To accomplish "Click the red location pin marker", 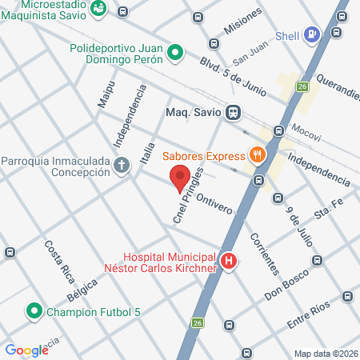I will [x=180, y=178].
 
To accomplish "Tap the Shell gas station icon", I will [x=313, y=34].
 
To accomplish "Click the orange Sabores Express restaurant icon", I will [x=257, y=155].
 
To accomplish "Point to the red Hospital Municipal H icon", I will [x=229, y=262].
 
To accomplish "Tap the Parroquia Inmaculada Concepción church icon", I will [x=122, y=166].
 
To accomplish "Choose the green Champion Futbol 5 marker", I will [x=34, y=310].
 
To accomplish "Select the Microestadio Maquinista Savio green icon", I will [x=98, y=9].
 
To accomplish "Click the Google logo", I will [x=26, y=350].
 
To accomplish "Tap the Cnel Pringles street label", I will [x=186, y=195].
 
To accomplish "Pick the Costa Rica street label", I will [x=58, y=258].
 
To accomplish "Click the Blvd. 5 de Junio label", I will [x=233, y=74].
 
